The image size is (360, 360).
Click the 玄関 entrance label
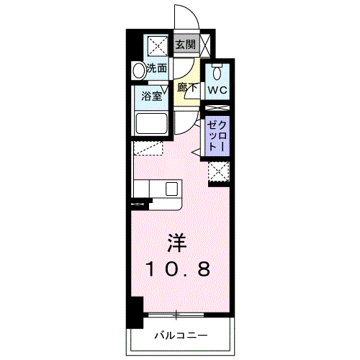pyautogui.click(x=185, y=45)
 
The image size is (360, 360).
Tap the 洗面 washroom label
pyautogui.click(x=157, y=70)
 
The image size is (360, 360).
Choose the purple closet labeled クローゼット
pyautogui.click(x=217, y=135)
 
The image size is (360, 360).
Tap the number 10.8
pyautogui.click(x=179, y=269)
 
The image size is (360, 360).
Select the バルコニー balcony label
pyautogui.click(x=181, y=336)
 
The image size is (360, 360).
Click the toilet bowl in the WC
pyautogui.click(x=217, y=72)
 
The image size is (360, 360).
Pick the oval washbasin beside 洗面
pyautogui.click(x=138, y=71)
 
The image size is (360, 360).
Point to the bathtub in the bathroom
pyautogui.click(x=150, y=124)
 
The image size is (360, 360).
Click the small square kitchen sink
pyautogui.click(x=172, y=189)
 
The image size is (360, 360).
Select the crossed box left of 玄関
pyautogui.click(x=158, y=45)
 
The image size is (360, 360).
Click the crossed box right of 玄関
pyautogui.click(x=206, y=45)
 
